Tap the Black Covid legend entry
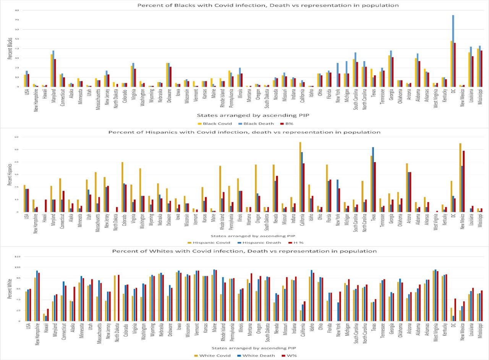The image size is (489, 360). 211,123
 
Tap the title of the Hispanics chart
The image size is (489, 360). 244,132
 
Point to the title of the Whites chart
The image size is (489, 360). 244,251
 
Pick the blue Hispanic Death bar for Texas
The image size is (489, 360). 373,179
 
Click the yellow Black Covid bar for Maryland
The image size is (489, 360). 52,70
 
